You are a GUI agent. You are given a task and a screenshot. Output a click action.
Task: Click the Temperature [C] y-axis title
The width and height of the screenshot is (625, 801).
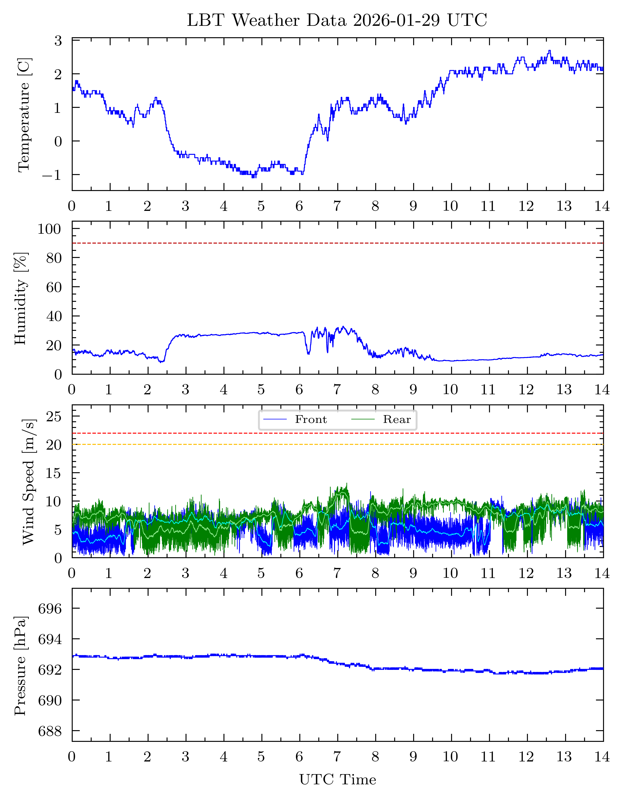pos(24,114)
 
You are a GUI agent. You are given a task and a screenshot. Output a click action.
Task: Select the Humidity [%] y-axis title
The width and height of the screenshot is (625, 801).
pos(21,298)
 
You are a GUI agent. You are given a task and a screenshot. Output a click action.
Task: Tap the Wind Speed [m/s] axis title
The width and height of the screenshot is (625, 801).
pos(29,482)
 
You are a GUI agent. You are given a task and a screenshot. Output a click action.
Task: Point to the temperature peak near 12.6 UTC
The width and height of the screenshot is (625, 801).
pos(549,51)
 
